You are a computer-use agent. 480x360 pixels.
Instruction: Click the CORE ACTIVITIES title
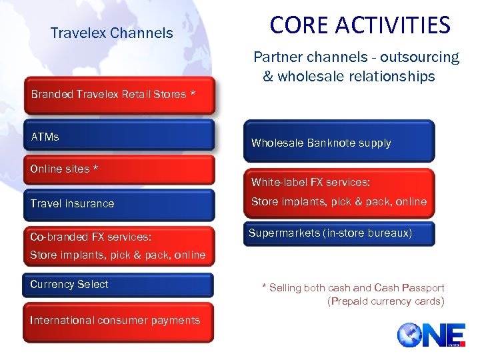pyautogui.click(x=360, y=25)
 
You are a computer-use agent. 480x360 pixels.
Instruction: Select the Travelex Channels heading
pyautogui.click(x=111, y=33)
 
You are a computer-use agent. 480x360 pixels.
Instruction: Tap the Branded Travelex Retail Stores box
pyautogui.click(x=119, y=95)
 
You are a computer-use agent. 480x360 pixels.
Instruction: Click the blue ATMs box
pyautogui.click(x=119, y=135)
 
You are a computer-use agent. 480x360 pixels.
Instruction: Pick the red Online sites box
pyautogui.click(x=119, y=170)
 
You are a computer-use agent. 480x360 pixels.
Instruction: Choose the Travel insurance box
pyautogui.click(x=119, y=204)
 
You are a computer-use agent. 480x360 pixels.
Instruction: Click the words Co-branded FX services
pyautogui.click(x=91, y=237)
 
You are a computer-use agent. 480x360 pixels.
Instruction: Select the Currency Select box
pyautogui.click(x=119, y=285)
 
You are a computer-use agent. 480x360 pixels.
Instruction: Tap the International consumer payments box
pyautogui.click(x=119, y=321)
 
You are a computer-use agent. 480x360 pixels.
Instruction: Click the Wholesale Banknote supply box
pyautogui.click(x=338, y=142)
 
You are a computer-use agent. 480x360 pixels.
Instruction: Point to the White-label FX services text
pyautogui.click(x=310, y=182)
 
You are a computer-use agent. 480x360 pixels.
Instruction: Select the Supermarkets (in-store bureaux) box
pyautogui.click(x=338, y=233)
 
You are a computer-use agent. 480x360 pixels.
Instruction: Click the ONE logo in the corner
pyautogui.click(x=427, y=335)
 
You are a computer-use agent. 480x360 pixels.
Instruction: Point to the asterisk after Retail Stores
pyautogui.click(x=193, y=94)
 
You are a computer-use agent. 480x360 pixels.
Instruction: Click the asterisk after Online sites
pyautogui.click(x=95, y=169)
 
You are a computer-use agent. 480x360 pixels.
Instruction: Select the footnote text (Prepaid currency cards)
pyautogui.click(x=385, y=301)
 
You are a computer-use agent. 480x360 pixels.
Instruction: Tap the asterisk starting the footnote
pyautogui.click(x=264, y=288)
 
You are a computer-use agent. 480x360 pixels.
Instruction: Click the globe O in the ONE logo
pyautogui.click(x=409, y=335)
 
